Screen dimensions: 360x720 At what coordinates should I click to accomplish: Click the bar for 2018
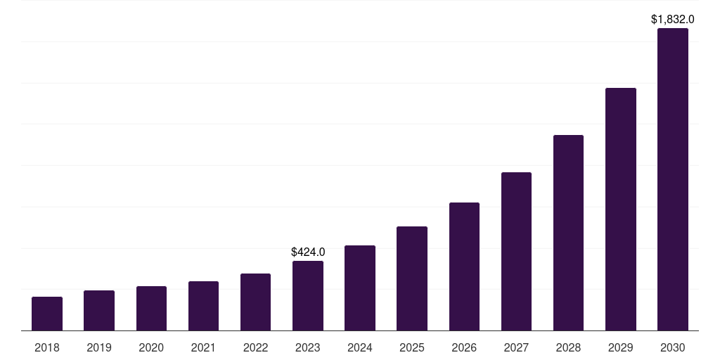click(47, 314)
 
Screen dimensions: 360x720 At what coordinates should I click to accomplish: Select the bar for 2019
click(99, 311)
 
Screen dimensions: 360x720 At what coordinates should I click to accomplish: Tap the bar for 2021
click(203, 306)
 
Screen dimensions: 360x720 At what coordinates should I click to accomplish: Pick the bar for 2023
click(308, 296)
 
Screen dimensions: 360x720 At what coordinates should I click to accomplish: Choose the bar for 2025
click(412, 278)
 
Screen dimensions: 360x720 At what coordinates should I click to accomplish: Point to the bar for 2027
click(516, 252)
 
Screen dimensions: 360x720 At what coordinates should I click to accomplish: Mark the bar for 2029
click(621, 210)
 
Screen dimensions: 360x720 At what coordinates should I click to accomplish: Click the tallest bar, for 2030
click(673, 179)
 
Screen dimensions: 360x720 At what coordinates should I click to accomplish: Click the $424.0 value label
click(308, 252)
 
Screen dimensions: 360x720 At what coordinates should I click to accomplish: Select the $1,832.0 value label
click(673, 19)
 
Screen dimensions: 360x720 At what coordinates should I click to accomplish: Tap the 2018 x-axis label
click(47, 347)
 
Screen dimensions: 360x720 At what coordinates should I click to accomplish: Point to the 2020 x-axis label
click(151, 347)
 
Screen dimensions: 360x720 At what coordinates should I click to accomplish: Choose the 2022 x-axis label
click(256, 347)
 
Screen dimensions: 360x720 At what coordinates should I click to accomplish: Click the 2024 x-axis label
click(360, 347)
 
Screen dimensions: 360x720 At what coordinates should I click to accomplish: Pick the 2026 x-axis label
click(464, 347)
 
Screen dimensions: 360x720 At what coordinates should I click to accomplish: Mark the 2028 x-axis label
click(568, 347)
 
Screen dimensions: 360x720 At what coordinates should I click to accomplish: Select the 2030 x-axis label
click(673, 347)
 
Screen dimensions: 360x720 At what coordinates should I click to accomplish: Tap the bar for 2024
click(360, 288)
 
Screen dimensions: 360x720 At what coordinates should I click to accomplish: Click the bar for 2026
click(464, 266)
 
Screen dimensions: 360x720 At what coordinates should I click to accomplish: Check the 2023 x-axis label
click(308, 347)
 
